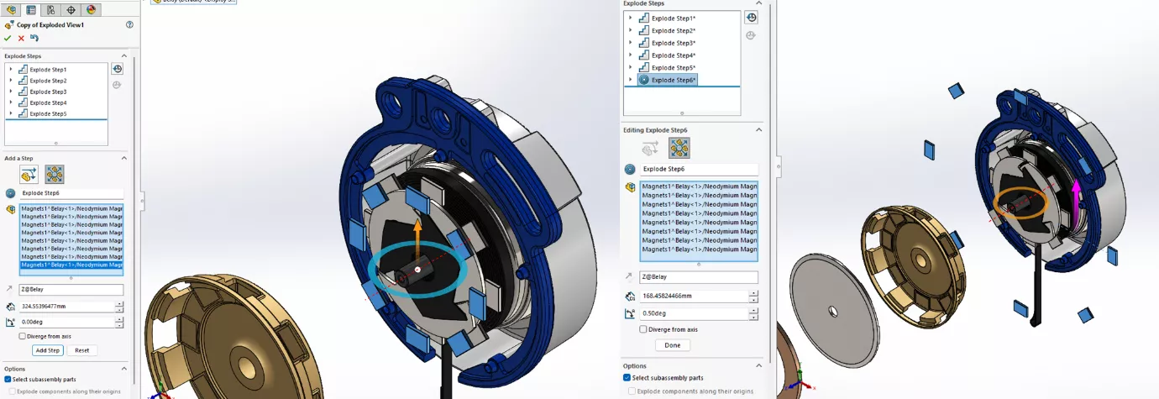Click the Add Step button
(x=47, y=350)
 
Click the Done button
(x=673, y=345)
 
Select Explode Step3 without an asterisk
(x=48, y=92)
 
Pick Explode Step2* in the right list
(x=674, y=30)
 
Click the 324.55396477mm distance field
(x=67, y=307)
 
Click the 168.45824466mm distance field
(x=693, y=296)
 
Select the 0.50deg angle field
(x=693, y=313)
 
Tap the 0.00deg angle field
(x=67, y=322)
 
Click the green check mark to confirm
(x=8, y=38)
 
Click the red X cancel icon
(x=21, y=38)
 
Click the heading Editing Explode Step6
(x=655, y=130)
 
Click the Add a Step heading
(x=19, y=158)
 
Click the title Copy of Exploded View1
(x=50, y=25)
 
